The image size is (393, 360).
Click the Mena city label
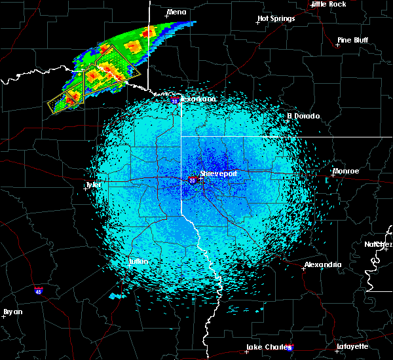pyautogui.click(x=177, y=12)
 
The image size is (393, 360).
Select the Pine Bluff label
pyautogui.click(x=352, y=40)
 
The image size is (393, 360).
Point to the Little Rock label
pyautogui.click(x=328, y=4)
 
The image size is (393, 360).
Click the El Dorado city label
pyautogui.click(x=304, y=116)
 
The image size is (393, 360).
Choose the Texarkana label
pyautogui.click(x=198, y=99)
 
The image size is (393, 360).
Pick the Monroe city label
pyautogui.click(x=346, y=171)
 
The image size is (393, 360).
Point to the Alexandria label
pyautogui.click(x=322, y=264)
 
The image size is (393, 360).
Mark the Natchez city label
pyautogui.click(x=379, y=244)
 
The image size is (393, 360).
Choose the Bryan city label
pyautogui.click(x=12, y=311)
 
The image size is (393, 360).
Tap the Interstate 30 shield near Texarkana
pyautogui.click(x=174, y=101)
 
